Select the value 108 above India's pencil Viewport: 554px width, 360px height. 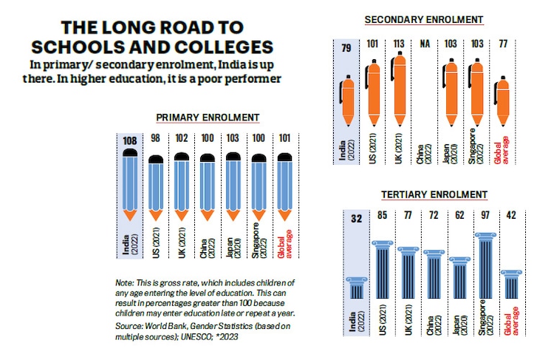coord(130,139)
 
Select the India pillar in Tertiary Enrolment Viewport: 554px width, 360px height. coord(356,288)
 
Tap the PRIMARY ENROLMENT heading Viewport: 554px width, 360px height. coord(207,117)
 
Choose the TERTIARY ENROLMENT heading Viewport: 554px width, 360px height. coord(434,194)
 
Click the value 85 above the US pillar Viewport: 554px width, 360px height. coord(381,217)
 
